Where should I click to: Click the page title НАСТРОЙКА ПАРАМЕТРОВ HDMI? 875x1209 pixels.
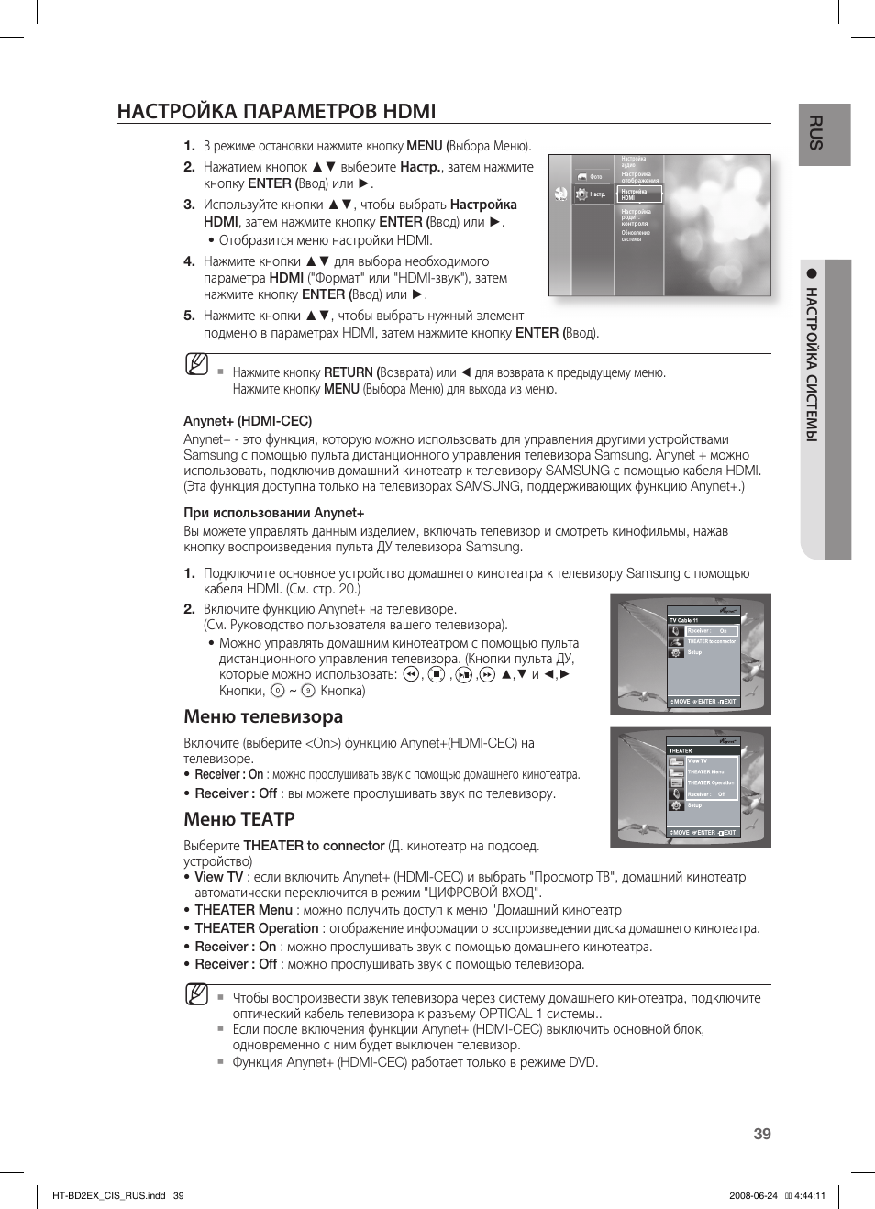[276, 111]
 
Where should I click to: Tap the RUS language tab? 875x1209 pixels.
[815, 134]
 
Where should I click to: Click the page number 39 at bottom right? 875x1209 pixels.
[762, 1134]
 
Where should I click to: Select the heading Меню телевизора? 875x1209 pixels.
[263, 716]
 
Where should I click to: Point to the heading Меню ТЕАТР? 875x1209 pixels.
[239, 819]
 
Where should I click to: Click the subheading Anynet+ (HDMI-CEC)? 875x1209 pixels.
[248, 421]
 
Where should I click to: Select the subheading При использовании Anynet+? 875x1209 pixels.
[273, 513]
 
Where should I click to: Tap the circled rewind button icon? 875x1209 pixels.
[411, 674]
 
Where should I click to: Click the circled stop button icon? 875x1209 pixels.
[437, 674]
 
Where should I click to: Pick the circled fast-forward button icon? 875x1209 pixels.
[487, 674]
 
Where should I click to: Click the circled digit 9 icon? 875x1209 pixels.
[308, 691]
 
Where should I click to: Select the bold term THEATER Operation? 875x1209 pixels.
[256, 928]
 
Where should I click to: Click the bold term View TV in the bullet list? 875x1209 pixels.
[218, 877]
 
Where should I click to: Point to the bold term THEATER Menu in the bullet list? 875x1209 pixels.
[243, 910]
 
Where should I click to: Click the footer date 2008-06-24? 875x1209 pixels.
[752, 1195]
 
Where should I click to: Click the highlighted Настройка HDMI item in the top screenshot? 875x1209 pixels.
[637, 194]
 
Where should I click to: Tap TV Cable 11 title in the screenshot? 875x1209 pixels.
[683, 620]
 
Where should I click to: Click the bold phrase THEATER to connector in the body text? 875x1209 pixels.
[314, 846]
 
